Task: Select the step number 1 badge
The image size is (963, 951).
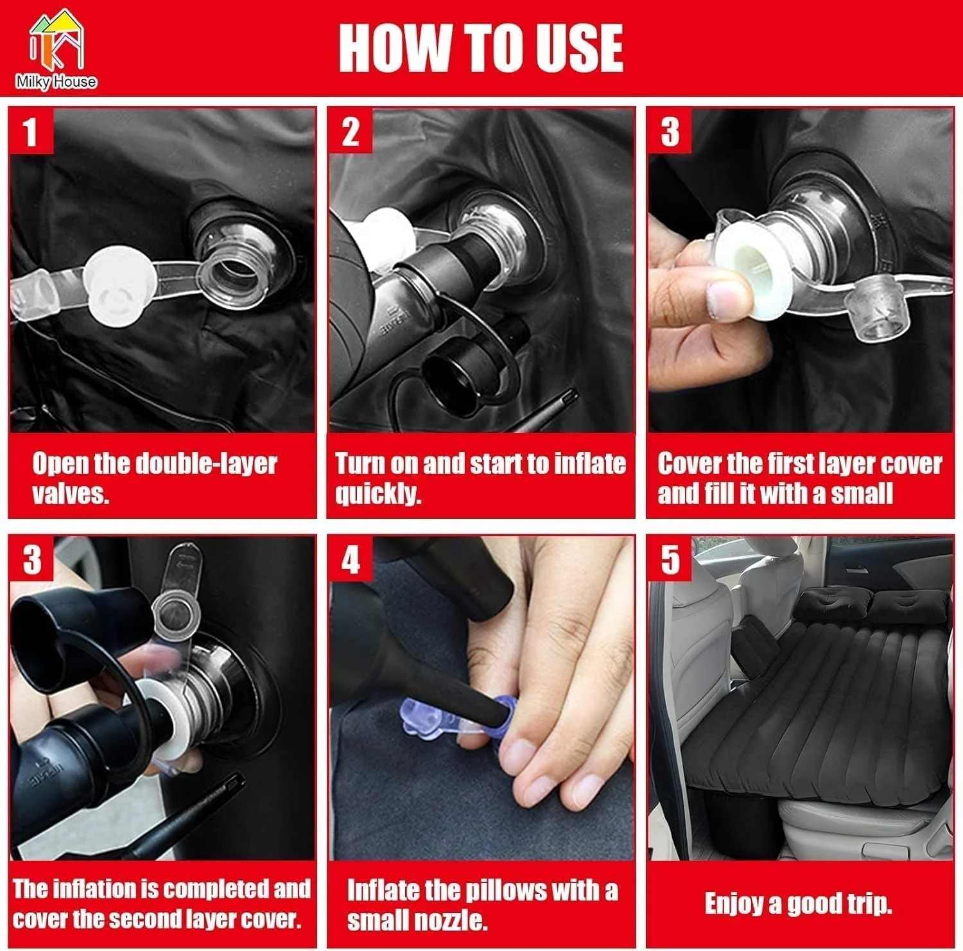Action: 30,132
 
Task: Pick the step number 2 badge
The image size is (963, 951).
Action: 351,132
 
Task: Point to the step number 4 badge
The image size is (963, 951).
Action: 351,560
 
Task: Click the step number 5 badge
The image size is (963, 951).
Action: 670,560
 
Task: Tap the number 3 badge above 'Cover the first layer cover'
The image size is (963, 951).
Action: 670,132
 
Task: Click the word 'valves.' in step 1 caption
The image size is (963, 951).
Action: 71,493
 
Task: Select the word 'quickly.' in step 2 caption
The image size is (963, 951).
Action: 378,494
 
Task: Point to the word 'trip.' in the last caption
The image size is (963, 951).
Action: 868,903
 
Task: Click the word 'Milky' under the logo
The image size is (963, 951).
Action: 34,82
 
